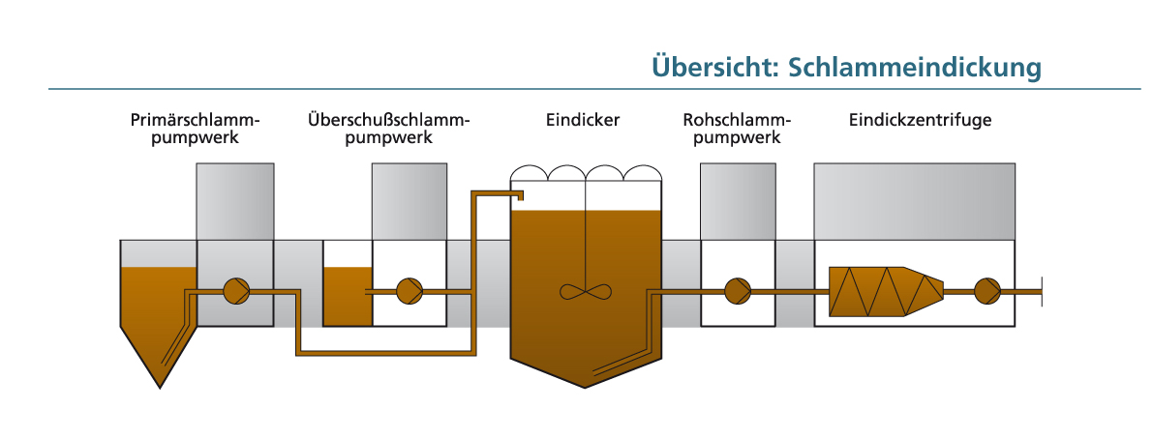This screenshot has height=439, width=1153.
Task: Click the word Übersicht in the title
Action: [x=714, y=67]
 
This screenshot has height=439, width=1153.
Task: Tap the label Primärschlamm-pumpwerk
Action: [x=196, y=130]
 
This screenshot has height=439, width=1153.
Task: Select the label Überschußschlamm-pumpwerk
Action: [x=388, y=130]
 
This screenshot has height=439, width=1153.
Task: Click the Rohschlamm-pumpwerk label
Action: [x=737, y=130]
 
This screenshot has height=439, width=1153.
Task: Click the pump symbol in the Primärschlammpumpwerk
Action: [x=236, y=290]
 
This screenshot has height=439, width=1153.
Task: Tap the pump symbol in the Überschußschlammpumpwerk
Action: [x=410, y=290]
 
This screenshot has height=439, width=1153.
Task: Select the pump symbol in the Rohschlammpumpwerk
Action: [x=739, y=290]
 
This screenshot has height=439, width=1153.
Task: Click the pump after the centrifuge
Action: [x=986, y=290]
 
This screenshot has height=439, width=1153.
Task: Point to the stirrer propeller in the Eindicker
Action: [x=586, y=291]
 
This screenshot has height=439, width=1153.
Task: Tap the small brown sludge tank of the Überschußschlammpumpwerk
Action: [x=348, y=296]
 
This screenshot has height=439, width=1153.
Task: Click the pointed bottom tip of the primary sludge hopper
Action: [x=160, y=386]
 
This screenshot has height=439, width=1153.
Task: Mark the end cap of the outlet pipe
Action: [x=1042, y=290]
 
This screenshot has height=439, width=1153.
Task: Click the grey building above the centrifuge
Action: [x=914, y=200]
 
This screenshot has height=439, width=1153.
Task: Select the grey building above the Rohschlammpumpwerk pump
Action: [x=738, y=200]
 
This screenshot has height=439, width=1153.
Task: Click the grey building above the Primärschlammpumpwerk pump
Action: [x=235, y=200]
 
